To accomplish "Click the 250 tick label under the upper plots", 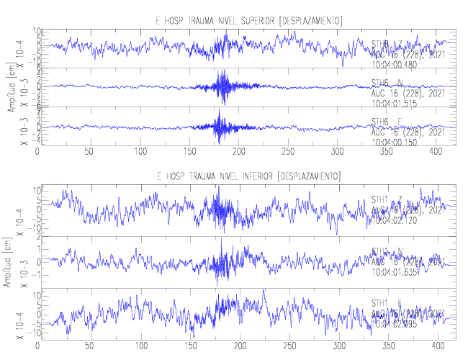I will [x=188, y=152].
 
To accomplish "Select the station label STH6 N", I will [x=387, y=82].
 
